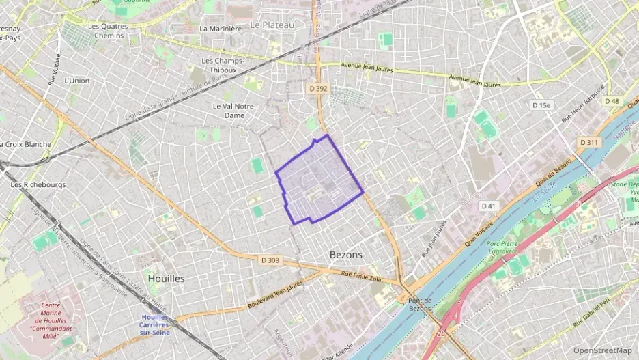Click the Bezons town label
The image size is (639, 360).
click(x=345, y=254)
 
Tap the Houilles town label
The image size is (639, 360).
click(x=165, y=279)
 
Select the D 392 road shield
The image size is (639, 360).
click(x=318, y=88)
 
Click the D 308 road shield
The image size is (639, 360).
click(x=270, y=260)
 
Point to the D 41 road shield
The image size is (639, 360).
click(x=487, y=206)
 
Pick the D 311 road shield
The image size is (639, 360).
click(x=588, y=142)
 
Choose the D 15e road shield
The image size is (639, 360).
click(x=541, y=105)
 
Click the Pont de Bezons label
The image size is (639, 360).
click(x=420, y=305)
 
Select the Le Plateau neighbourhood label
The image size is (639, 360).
click(x=272, y=25)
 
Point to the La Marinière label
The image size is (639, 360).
click(x=221, y=29)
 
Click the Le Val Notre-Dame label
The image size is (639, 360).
click(x=233, y=111)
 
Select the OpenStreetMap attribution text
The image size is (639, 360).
click(x=603, y=350)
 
